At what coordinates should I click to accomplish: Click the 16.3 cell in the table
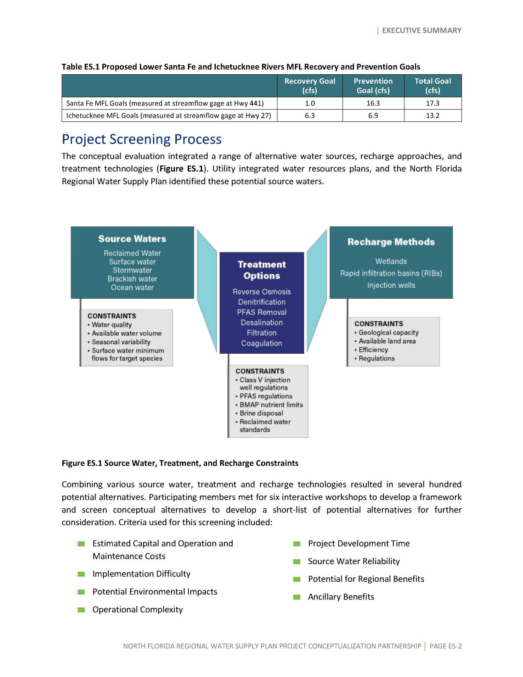pyautogui.click(x=373, y=103)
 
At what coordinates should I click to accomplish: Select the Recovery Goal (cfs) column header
pyautogui.click(x=310, y=86)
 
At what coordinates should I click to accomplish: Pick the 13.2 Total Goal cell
pyautogui.click(x=432, y=116)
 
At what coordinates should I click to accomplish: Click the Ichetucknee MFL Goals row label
pyautogui.click(x=169, y=116)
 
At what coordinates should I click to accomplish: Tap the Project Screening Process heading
pyautogui.click(x=142, y=140)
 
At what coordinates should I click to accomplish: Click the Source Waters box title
pyautogui.click(x=132, y=239)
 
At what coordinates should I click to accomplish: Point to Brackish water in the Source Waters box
pyautogui.click(x=132, y=279)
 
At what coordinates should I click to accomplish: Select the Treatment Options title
pyautogui.click(x=262, y=270)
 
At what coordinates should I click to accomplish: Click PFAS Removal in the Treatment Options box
pyautogui.click(x=262, y=312)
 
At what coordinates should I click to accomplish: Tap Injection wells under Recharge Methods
pyautogui.click(x=391, y=285)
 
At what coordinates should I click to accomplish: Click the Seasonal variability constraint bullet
pyautogui.click(x=121, y=342)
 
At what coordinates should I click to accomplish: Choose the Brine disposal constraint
pyautogui.click(x=261, y=413)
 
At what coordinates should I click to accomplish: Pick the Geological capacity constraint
pyautogui.click(x=388, y=332)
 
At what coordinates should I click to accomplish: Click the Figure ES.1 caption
pyautogui.click(x=180, y=463)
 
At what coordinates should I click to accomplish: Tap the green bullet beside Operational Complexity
pyautogui.click(x=81, y=610)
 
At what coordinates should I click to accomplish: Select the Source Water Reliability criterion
pyautogui.click(x=354, y=561)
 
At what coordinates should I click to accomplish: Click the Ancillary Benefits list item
pyautogui.click(x=341, y=597)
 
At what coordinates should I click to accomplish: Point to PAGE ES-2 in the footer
pyautogui.click(x=445, y=646)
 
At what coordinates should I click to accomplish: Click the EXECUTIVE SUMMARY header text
pyautogui.click(x=421, y=30)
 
